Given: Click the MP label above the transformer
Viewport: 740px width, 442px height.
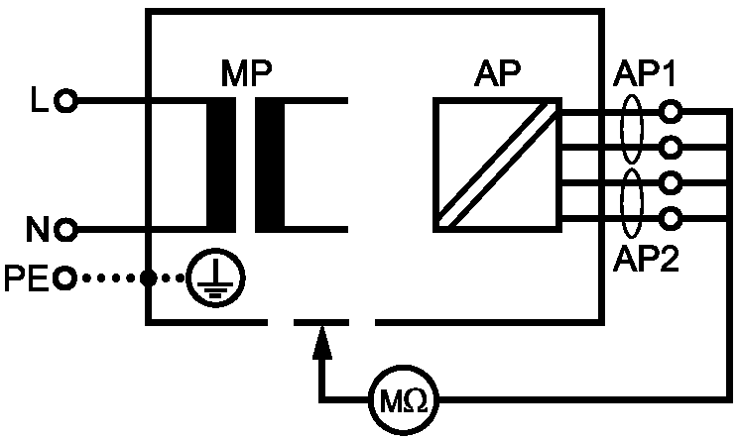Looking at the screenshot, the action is (x=247, y=73).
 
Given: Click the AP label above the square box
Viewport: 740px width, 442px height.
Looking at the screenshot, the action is (x=497, y=73).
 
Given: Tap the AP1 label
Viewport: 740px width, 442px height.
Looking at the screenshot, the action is (x=645, y=73).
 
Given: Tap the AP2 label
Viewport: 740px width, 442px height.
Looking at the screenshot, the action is (x=646, y=258).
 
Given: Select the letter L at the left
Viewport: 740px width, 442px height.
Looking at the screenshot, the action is (x=39, y=99).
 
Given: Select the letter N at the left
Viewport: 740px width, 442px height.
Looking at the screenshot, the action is (x=38, y=229).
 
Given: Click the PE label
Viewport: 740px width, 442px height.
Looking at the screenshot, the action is (x=27, y=277).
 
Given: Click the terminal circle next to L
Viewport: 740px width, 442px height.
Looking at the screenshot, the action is (x=66, y=100).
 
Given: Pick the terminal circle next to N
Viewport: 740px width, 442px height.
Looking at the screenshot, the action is (x=65, y=230).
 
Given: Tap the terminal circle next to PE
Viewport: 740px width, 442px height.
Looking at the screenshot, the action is (x=64, y=277).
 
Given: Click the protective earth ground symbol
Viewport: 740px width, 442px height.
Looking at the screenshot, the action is (x=215, y=277).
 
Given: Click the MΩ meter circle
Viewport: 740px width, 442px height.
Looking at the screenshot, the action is (x=404, y=400).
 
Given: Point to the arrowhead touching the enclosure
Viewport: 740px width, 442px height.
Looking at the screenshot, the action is (x=322, y=343).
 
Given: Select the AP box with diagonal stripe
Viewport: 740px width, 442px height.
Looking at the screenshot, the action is (x=497, y=165).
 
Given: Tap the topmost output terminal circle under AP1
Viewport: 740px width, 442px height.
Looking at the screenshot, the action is (x=671, y=111).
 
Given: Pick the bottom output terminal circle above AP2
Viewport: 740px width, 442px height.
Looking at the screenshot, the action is (x=671, y=218).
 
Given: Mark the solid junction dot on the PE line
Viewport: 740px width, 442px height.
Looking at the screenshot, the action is (x=149, y=277).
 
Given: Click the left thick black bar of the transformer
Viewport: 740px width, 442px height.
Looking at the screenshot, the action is (x=221, y=165).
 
